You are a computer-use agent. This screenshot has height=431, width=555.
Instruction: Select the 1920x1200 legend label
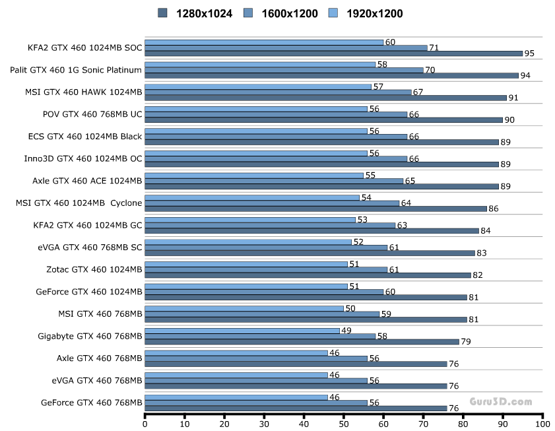[x=374, y=13]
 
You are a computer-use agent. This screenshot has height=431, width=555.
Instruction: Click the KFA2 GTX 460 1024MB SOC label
[x=84, y=48]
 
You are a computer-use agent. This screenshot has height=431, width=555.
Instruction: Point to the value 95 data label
[x=529, y=53]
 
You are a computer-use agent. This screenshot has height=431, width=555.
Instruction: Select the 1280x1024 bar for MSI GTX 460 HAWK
[x=325, y=98]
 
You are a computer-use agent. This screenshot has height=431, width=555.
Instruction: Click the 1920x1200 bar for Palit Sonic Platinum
[x=259, y=64]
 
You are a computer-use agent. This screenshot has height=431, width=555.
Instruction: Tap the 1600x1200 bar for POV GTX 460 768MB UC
[x=276, y=114]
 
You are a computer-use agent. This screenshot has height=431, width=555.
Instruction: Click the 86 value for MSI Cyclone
[x=494, y=209]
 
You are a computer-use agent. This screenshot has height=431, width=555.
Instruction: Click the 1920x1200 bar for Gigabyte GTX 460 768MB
[x=242, y=331]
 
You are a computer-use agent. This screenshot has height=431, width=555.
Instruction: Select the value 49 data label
[x=345, y=331]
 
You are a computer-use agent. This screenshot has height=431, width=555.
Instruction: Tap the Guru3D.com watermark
[x=500, y=401]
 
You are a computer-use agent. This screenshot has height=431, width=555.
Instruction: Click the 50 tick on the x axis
[x=344, y=425]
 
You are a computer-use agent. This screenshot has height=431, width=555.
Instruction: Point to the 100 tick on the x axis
[x=542, y=425]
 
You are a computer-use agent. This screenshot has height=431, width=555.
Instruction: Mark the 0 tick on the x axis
[x=145, y=425]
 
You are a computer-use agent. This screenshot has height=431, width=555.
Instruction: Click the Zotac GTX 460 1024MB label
[x=94, y=269]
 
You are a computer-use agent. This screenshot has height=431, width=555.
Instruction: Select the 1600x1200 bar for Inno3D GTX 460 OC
[x=276, y=158]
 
